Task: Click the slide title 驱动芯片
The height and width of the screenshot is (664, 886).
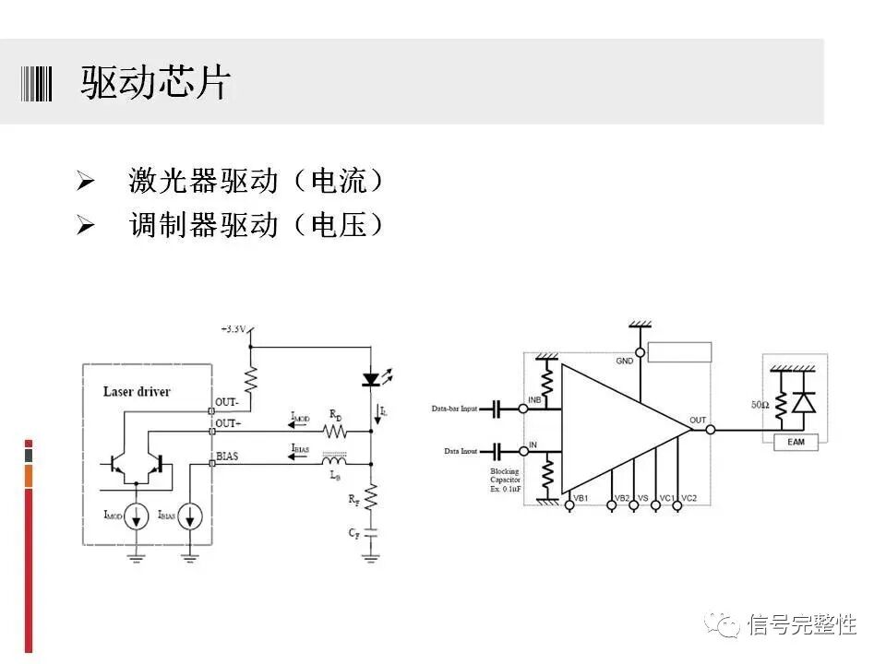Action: click(x=155, y=83)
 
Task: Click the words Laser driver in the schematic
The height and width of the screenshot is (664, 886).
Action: click(x=137, y=391)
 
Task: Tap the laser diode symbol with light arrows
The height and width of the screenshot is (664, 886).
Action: click(x=372, y=378)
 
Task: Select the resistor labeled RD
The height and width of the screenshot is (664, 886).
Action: click(x=333, y=431)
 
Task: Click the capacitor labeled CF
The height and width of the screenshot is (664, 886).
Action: click(x=371, y=533)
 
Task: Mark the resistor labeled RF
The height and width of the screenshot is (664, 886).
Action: click(x=371, y=499)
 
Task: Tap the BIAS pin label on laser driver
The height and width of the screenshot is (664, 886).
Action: click(x=227, y=456)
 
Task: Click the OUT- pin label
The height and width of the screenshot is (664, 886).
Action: click(x=227, y=402)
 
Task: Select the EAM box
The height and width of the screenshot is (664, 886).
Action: click(x=795, y=444)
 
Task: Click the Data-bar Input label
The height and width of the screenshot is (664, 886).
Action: click(x=454, y=409)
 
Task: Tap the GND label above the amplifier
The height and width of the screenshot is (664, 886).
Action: click(x=625, y=361)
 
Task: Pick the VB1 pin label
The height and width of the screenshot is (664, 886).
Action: click(x=581, y=498)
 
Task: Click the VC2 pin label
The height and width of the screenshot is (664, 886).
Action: click(x=688, y=498)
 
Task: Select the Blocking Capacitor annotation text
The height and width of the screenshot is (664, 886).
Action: click(x=506, y=480)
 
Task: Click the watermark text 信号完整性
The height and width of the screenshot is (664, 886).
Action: click(x=802, y=624)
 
